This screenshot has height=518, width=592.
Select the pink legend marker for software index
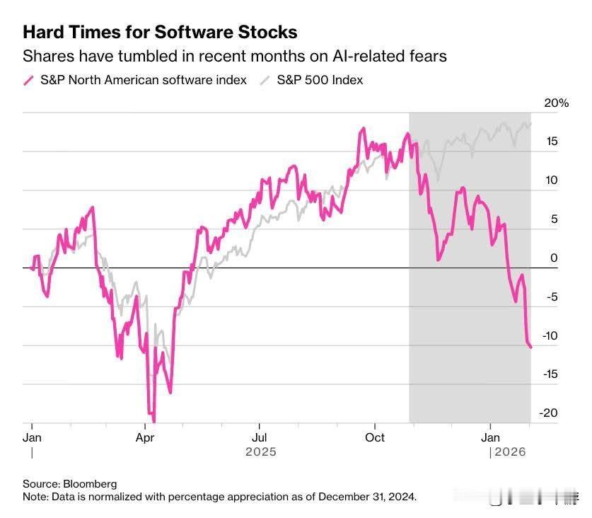(28, 80)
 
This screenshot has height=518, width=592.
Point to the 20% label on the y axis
(556, 103)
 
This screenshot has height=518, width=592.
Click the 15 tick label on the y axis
(552, 142)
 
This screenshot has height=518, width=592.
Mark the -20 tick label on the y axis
(549, 413)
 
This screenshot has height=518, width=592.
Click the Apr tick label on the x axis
(145, 437)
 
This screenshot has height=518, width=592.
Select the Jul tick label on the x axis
(260, 437)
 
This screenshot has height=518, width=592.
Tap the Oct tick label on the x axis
(374, 437)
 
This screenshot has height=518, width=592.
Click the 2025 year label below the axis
(260, 451)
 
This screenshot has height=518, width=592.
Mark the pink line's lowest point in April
(153, 422)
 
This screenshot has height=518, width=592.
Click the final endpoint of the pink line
(531, 347)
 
